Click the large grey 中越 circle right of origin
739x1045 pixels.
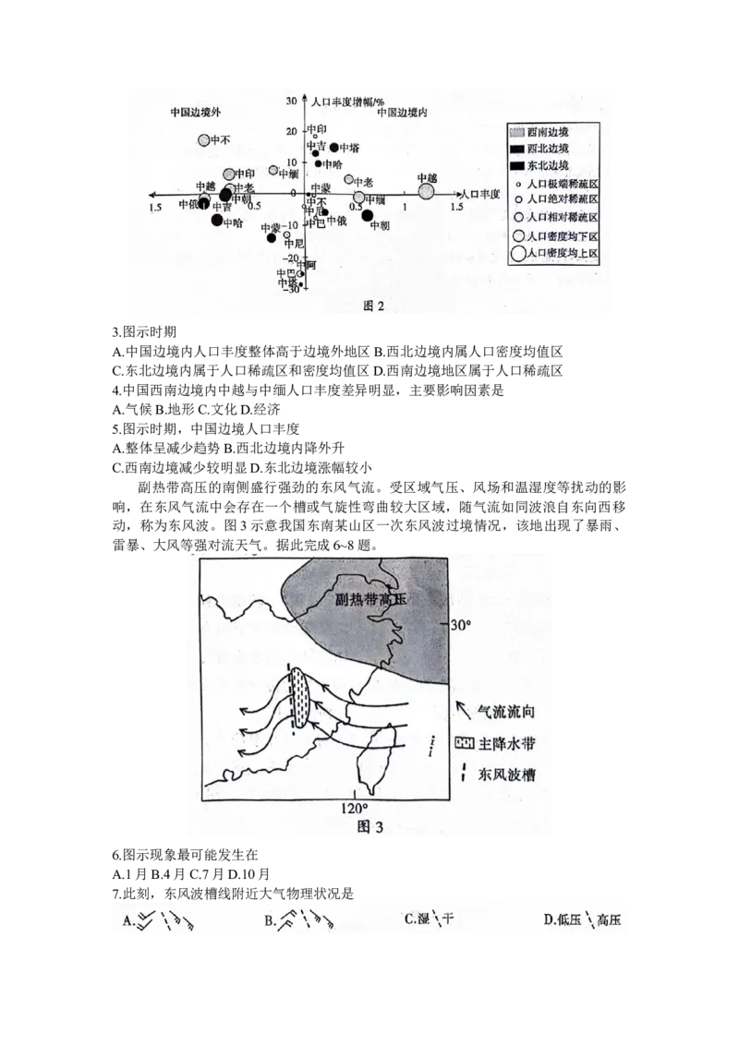tap(426, 191)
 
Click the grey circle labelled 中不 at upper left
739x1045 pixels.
tap(205, 140)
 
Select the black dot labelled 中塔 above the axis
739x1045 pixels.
tap(334, 148)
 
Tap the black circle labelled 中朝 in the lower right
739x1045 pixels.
tap(368, 216)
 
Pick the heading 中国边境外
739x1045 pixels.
tap(197, 112)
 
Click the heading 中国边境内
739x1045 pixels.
tap(403, 112)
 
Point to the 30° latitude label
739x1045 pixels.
tap(461, 625)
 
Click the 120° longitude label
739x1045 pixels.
tap(354, 809)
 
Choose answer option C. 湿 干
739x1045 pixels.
tap(430, 919)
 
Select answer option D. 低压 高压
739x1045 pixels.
tap(583, 919)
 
